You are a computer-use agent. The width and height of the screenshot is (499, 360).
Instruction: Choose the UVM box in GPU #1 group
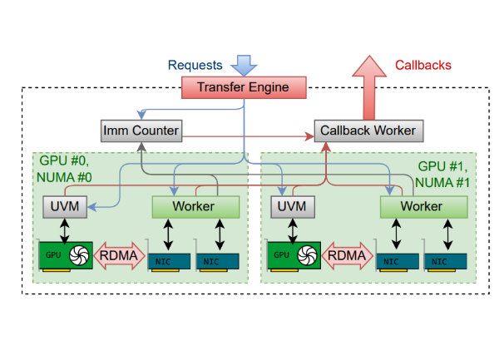(x=290, y=205)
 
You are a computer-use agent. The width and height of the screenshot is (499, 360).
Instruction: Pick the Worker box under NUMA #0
(x=194, y=205)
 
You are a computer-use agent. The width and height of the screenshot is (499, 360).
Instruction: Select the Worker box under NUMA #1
(x=421, y=205)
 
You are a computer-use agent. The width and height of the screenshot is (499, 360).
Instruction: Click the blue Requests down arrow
(x=245, y=64)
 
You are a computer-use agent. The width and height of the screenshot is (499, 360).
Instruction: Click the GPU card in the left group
(x=66, y=255)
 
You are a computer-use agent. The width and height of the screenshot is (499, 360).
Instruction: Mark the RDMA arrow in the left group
(x=121, y=254)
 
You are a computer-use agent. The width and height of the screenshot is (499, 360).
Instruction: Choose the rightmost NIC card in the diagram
(x=447, y=259)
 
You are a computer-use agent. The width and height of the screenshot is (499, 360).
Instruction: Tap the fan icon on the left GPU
(x=81, y=254)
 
